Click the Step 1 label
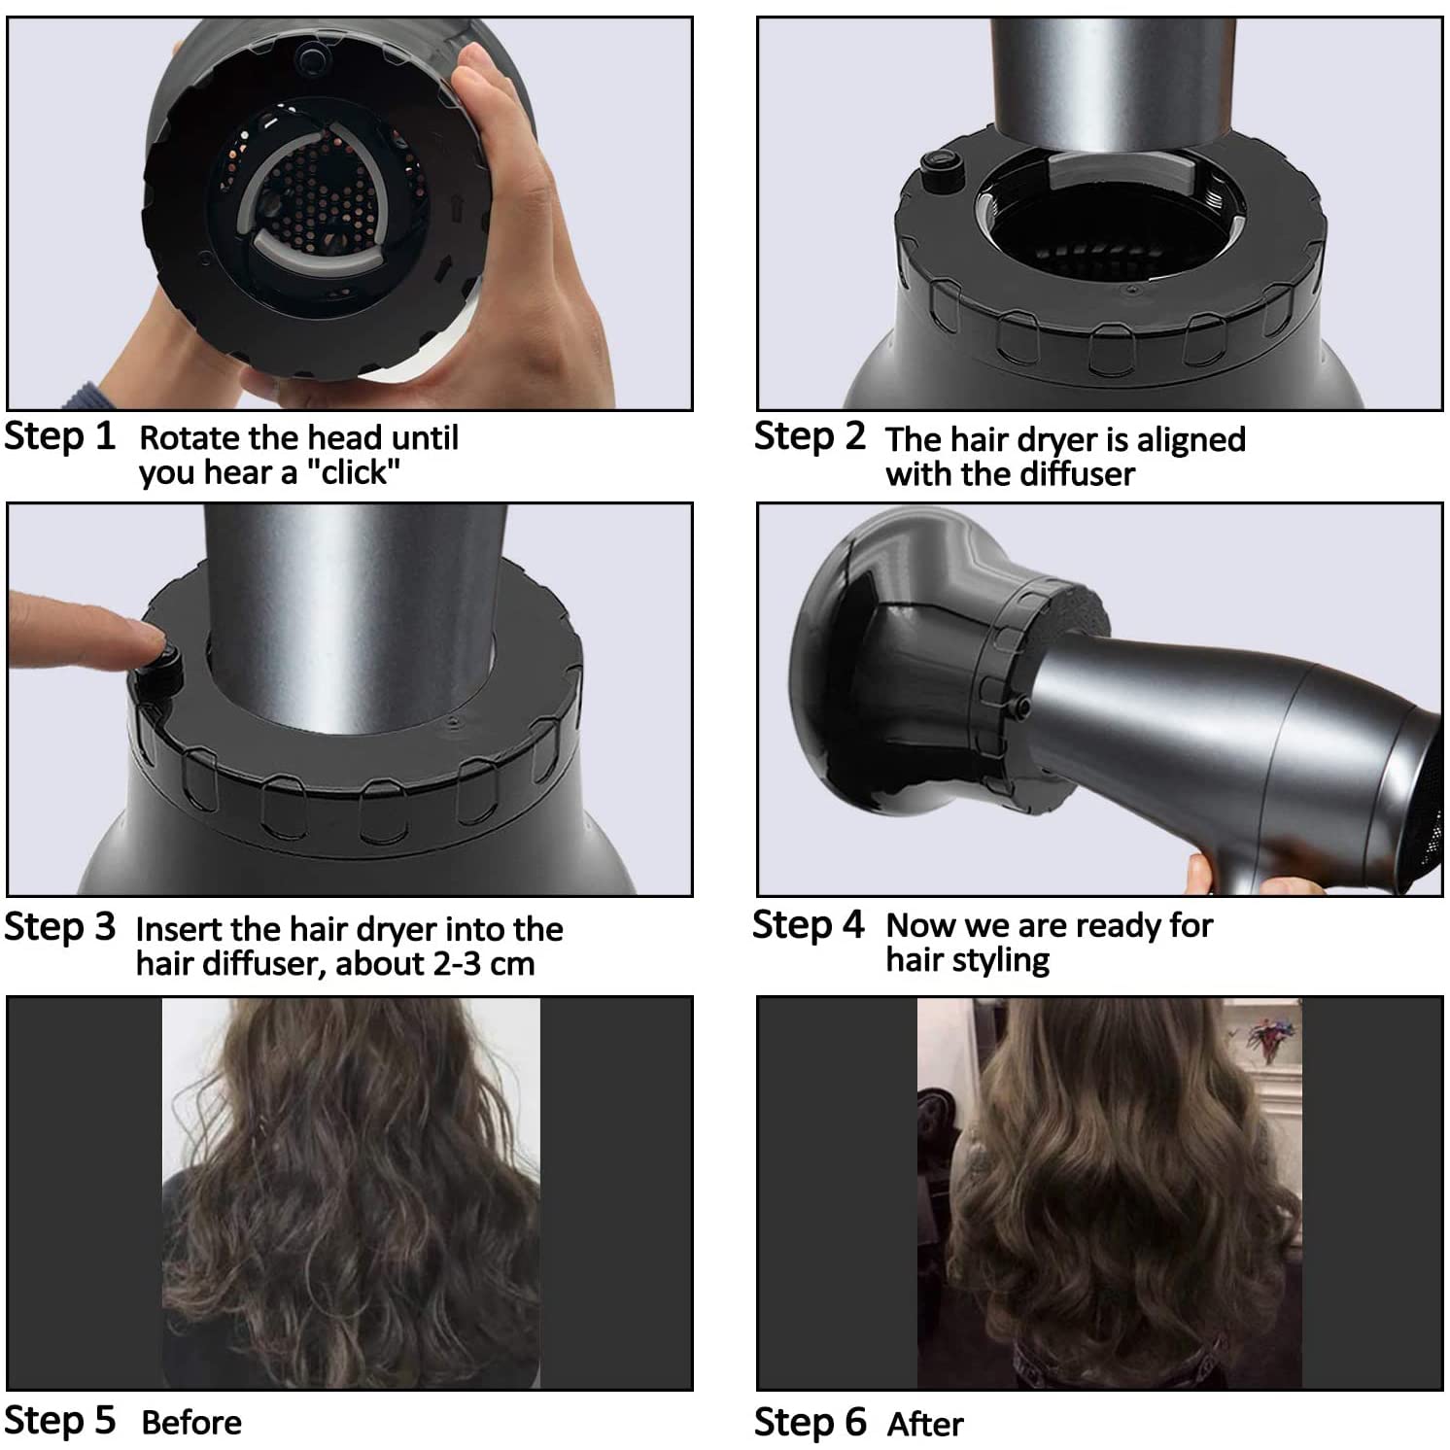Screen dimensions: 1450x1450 (x=59, y=436)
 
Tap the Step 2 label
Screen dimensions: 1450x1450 (x=809, y=436)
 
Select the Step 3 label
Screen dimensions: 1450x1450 (x=59, y=926)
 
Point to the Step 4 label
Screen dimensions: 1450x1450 (x=808, y=924)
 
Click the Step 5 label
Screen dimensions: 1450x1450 (x=59, y=1420)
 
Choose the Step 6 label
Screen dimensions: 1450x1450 (x=810, y=1422)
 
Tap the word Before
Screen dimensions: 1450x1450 (x=191, y=1423)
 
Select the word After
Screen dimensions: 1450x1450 (x=925, y=1425)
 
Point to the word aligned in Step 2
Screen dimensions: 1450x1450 (x=1191, y=439)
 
